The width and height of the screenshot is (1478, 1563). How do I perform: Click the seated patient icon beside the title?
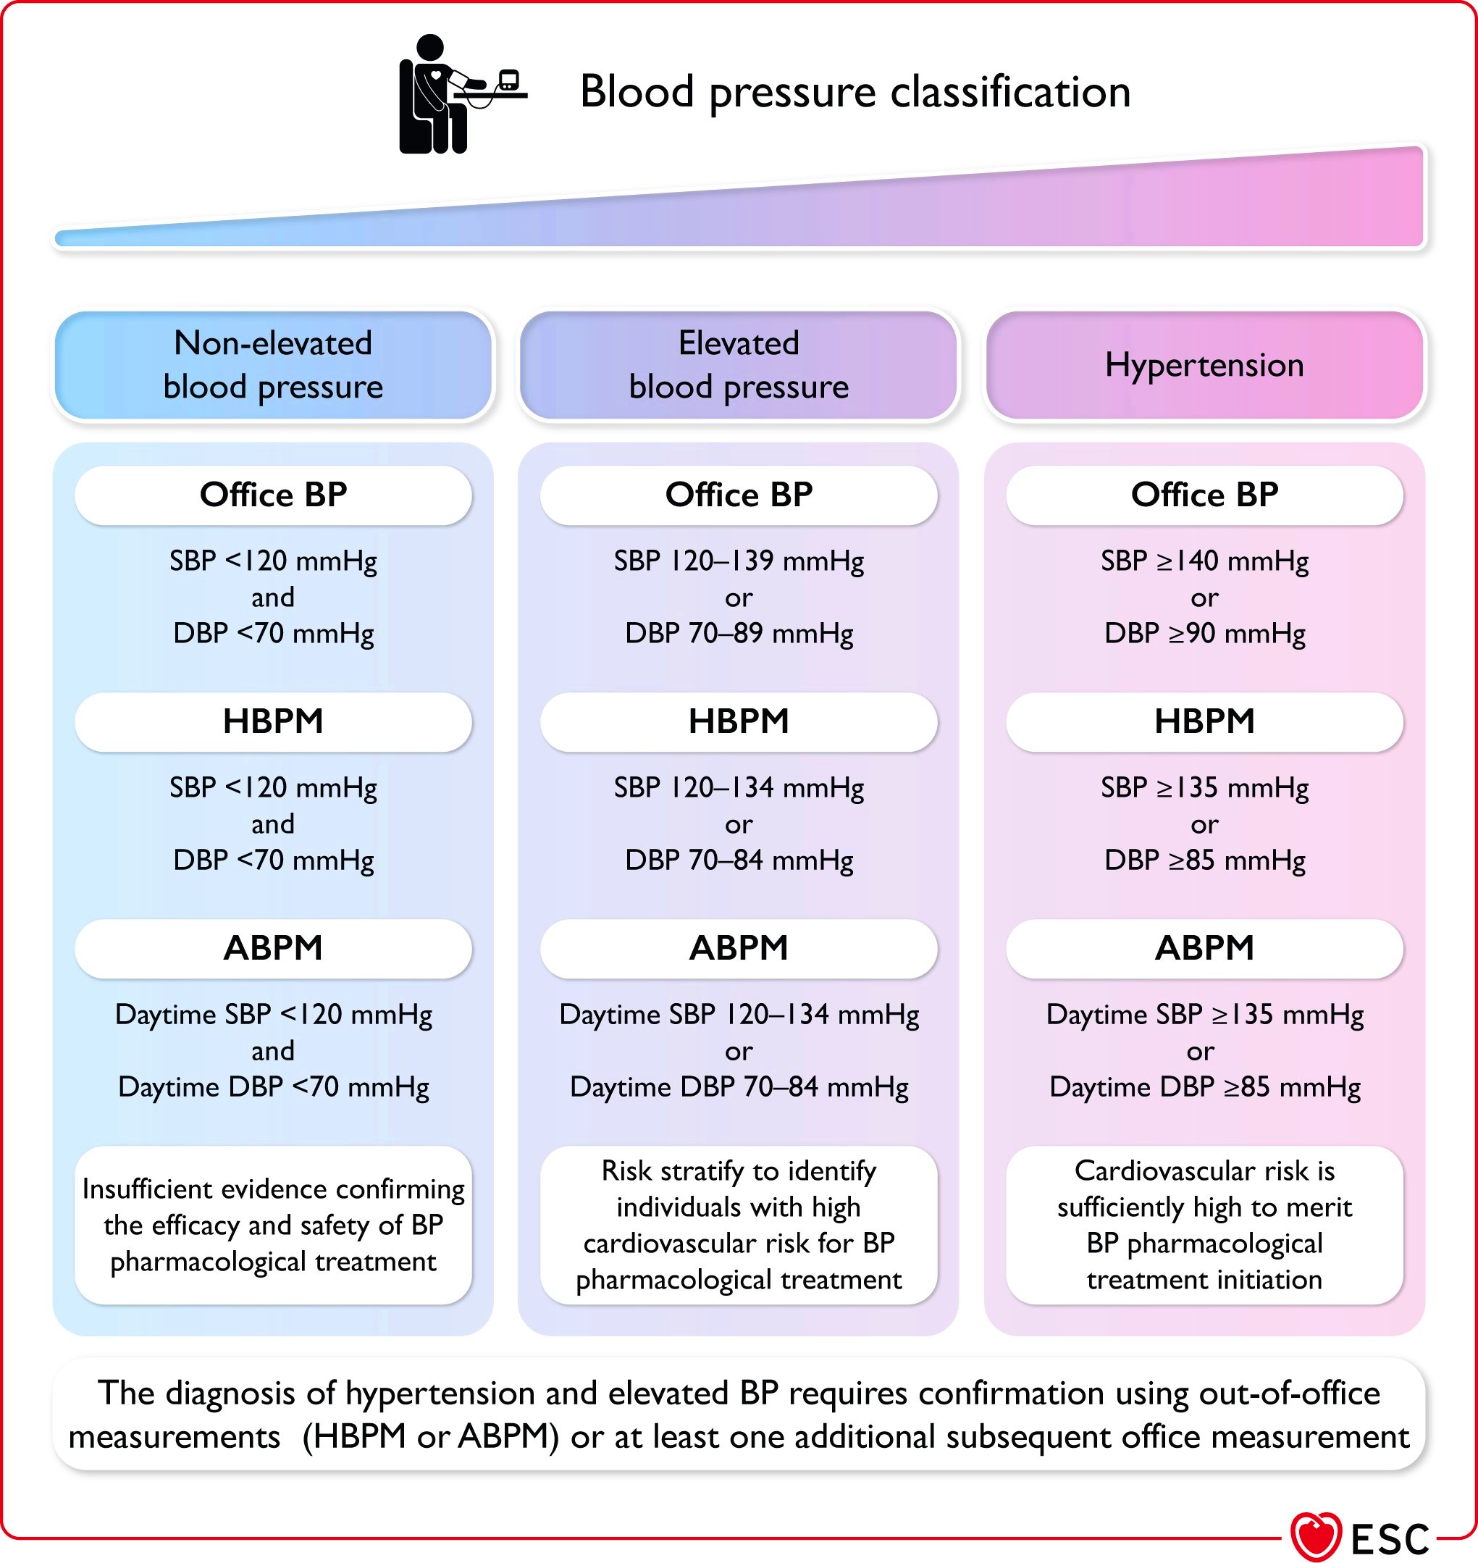click(x=461, y=95)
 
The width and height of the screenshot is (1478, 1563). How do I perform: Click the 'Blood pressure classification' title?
click(x=855, y=92)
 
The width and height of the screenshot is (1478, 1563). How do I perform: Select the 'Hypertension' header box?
click(x=1204, y=365)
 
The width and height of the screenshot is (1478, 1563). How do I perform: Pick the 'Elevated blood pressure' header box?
click(x=738, y=365)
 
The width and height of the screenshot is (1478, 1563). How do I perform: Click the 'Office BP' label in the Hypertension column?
click(x=1204, y=495)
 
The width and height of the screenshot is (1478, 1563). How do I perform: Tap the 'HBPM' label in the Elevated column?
click(x=738, y=721)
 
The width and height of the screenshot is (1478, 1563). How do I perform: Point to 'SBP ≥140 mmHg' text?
click(x=1204, y=561)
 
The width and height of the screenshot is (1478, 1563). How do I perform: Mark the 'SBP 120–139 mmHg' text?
click(x=738, y=561)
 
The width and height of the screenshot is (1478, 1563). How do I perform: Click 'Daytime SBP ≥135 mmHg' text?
click(x=1204, y=1015)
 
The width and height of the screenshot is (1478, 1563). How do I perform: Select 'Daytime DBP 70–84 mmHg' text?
click(x=738, y=1087)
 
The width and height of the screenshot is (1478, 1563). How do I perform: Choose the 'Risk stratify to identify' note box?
click(x=738, y=1225)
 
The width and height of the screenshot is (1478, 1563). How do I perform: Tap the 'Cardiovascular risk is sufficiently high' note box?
click(x=1204, y=1225)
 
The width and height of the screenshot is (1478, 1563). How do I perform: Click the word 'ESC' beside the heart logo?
click(x=1390, y=1538)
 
